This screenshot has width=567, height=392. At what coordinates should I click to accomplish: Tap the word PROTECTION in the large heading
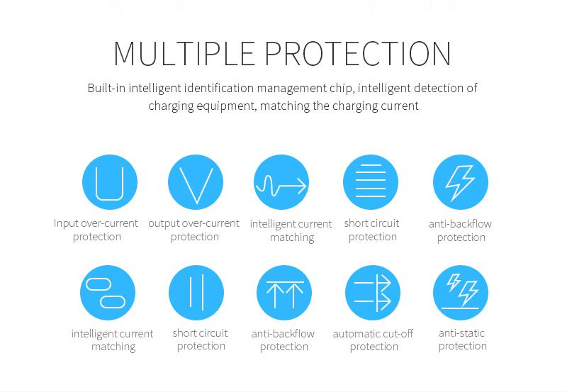pyautogui.click(x=358, y=54)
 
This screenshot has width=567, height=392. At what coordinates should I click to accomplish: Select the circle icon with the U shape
pyautogui.click(x=110, y=182)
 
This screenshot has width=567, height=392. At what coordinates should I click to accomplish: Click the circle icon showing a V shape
pyautogui.click(x=196, y=182)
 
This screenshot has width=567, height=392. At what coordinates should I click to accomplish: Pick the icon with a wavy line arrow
pyautogui.click(x=281, y=182)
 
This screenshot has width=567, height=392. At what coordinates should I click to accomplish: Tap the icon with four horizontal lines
pyautogui.click(x=371, y=182)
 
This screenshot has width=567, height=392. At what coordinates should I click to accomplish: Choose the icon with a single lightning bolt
pyautogui.click(x=460, y=182)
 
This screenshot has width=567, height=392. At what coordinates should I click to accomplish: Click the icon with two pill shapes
pyautogui.click(x=108, y=293)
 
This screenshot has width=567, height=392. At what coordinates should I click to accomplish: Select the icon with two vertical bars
pyautogui.click(x=196, y=293)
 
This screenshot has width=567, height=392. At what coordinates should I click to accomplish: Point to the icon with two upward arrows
pyautogui.click(x=284, y=293)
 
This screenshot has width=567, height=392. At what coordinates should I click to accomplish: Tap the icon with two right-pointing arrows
pyautogui.click(x=373, y=293)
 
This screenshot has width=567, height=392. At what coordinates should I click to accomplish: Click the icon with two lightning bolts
pyautogui.click(x=460, y=293)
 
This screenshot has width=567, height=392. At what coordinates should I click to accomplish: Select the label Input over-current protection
pyautogui.click(x=96, y=230)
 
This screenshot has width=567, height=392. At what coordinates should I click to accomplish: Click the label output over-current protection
pyautogui.click(x=193, y=230)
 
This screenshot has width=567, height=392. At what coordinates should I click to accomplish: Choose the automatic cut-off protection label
pyautogui.click(x=374, y=340)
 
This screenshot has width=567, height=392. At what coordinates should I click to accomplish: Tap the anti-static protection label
pyautogui.click(x=462, y=340)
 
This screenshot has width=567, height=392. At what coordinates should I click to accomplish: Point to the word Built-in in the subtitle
pyautogui.click(x=107, y=88)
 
